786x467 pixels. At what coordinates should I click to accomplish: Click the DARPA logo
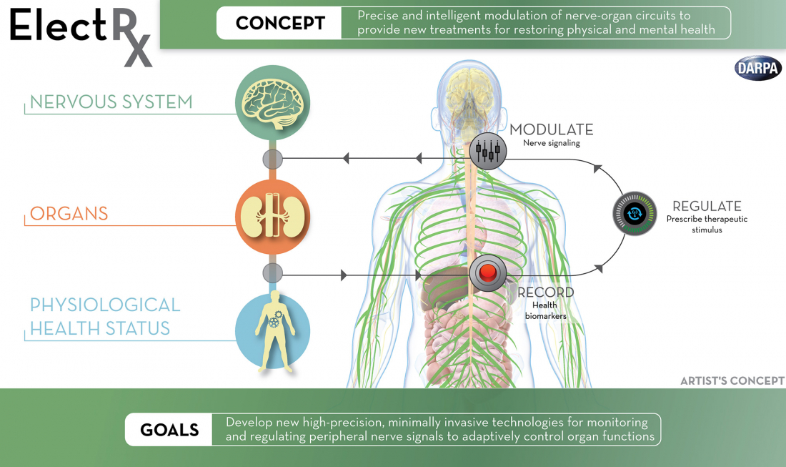pyautogui.click(x=758, y=68)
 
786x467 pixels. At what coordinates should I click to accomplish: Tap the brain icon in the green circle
pyautogui.click(x=273, y=103)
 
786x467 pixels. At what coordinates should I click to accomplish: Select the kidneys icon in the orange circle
pyautogui.click(x=273, y=217)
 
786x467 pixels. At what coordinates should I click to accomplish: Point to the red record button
pyautogui.click(x=488, y=272)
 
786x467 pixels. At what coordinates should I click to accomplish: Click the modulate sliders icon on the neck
pyautogui.click(x=488, y=150)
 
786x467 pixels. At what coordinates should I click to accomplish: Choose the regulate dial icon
pyautogui.click(x=634, y=214)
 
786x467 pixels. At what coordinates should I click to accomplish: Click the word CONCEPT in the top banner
pyautogui.click(x=279, y=23)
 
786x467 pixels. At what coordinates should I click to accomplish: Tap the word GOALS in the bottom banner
pyautogui.click(x=169, y=430)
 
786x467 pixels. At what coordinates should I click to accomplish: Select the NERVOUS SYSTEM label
pyautogui.click(x=111, y=102)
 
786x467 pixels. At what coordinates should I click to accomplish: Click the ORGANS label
pyautogui.click(x=69, y=214)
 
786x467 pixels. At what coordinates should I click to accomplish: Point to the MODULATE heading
pyautogui.click(x=551, y=129)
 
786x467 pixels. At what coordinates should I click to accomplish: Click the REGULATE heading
pyautogui.click(x=707, y=206)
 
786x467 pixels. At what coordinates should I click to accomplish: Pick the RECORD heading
pyautogui.click(x=545, y=293)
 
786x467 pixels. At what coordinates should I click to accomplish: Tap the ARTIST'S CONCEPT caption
pyautogui.click(x=732, y=381)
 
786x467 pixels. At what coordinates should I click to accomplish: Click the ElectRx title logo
pyautogui.click(x=81, y=32)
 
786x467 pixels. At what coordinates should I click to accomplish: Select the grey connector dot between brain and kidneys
pyautogui.click(x=273, y=158)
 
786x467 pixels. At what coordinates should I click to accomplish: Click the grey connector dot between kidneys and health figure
pyautogui.click(x=273, y=272)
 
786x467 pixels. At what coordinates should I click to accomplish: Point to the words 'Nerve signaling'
pyautogui.click(x=551, y=143)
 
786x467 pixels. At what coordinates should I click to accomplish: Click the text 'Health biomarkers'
pyautogui.click(x=545, y=310)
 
